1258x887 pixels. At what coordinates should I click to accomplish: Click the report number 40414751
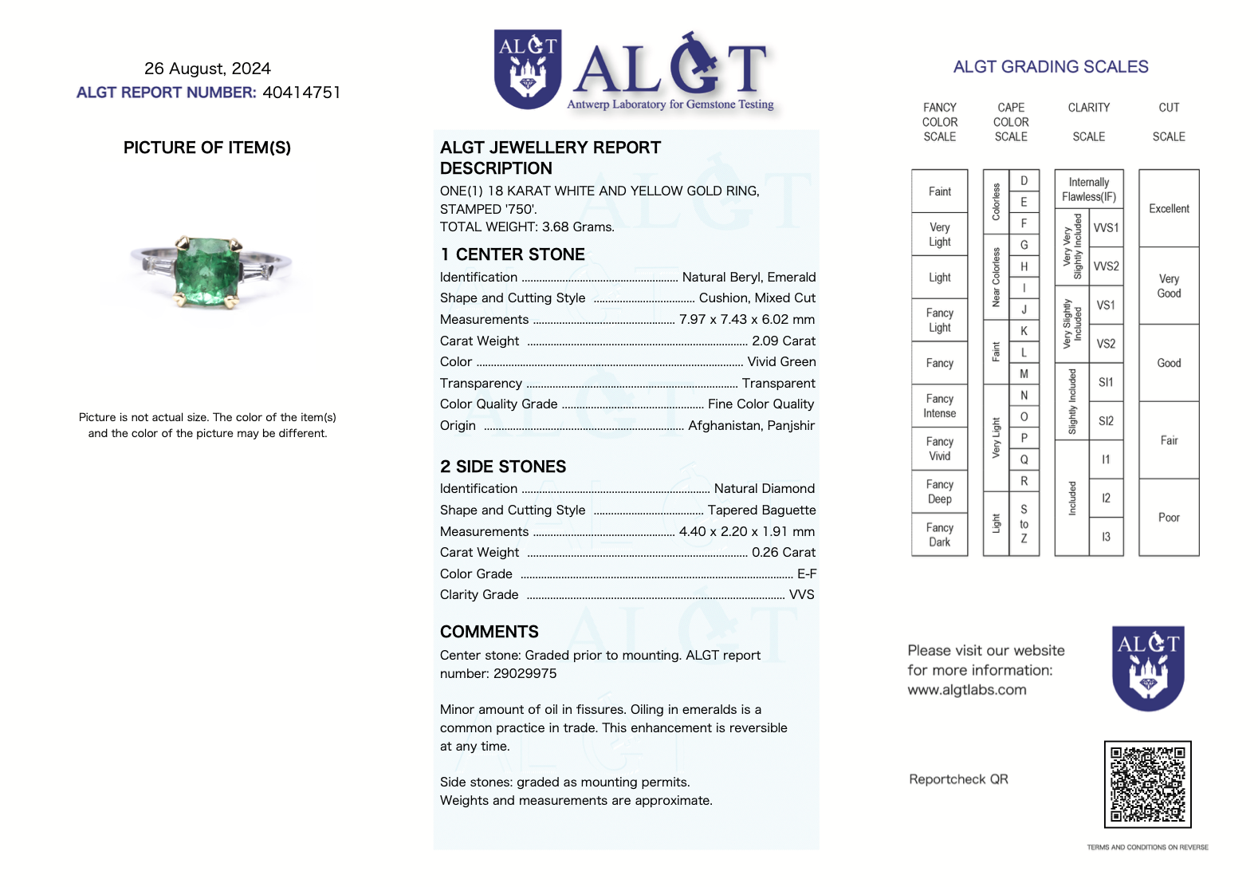(x=301, y=93)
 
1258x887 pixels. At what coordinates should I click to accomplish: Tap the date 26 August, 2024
(x=207, y=69)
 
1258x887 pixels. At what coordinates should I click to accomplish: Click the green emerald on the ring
(x=206, y=271)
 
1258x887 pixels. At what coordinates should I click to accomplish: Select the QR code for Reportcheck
(x=1147, y=784)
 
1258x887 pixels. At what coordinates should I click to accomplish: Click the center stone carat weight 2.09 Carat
(x=783, y=341)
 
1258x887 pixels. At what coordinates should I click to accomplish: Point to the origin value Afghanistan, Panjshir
(x=751, y=425)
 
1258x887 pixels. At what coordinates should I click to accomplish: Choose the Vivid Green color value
(x=781, y=361)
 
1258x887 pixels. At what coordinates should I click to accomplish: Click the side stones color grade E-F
(x=806, y=574)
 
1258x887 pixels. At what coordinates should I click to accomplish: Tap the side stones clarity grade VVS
(x=801, y=594)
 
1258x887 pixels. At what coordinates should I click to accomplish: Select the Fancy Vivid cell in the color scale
(x=939, y=448)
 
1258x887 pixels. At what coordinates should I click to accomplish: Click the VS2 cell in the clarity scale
(x=1106, y=344)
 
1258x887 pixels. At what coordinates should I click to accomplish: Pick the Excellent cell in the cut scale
(x=1169, y=208)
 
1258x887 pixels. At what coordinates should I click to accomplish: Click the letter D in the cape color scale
(x=1024, y=180)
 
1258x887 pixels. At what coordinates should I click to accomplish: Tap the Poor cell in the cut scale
(x=1169, y=517)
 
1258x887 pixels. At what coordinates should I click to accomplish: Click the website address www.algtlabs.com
(x=966, y=690)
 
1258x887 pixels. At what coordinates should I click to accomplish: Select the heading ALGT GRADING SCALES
(x=1051, y=67)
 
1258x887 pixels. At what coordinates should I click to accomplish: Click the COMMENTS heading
(x=489, y=632)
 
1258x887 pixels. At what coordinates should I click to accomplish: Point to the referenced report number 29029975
(x=525, y=673)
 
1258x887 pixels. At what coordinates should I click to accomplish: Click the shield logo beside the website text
(x=1148, y=668)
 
